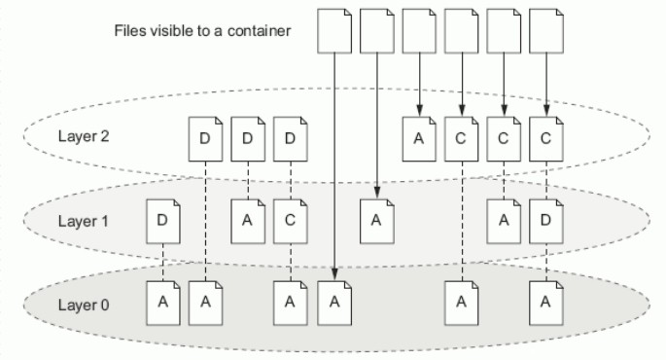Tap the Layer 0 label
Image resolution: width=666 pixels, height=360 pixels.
pyautogui.click(x=81, y=305)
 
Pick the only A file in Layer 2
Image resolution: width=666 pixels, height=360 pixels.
pyautogui.click(x=419, y=138)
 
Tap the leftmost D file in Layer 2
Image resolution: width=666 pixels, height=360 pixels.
pyautogui.click(x=205, y=138)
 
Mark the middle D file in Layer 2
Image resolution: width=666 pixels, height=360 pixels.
pyautogui.click(x=248, y=138)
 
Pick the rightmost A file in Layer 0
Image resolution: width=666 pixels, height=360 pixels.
pyautogui.click(x=545, y=302)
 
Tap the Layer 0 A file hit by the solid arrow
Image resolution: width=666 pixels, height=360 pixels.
pyautogui.click(x=333, y=302)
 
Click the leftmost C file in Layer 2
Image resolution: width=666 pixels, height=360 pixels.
pyautogui.click(x=461, y=138)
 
